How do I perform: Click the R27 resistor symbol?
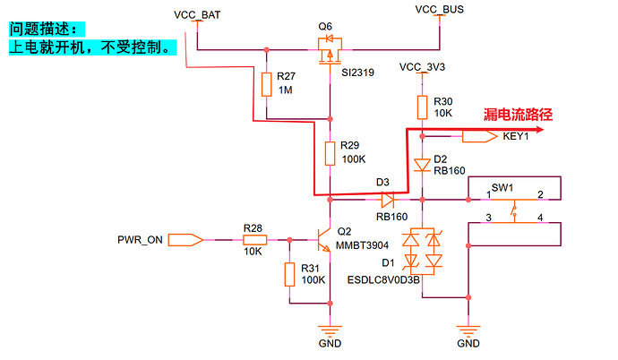pyautogui.click(x=266, y=84)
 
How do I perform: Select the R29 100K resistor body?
pyautogui.click(x=330, y=154)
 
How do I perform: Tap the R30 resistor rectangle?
pyautogui.click(x=422, y=107)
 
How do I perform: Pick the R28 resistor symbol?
pyautogui.click(x=254, y=239)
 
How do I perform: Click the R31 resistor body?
pyautogui.click(x=289, y=274)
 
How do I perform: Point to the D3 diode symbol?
pyautogui.click(x=388, y=200)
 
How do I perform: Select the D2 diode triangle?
pyautogui.click(x=422, y=165)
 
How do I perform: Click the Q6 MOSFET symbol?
pyautogui.click(x=330, y=50)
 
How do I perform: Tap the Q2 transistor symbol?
pyautogui.click(x=324, y=239)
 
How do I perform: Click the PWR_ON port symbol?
pyautogui.click(x=185, y=240)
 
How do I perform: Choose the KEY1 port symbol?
pyautogui.click(x=480, y=136)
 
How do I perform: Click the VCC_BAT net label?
pyautogui.click(x=197, y=15)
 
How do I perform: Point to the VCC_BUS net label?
pyautogui.click(x=440, y=10)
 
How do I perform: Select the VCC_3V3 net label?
pyautogui.click(x=422, y=67)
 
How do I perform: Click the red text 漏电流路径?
pyautogui.click(x=518, y=115)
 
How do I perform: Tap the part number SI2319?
pyautogui.click(x=358, y=73)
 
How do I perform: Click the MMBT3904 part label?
pyautogui.click(x=362, y=245)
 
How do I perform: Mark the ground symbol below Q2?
pyautogui.click(x=330, y=330)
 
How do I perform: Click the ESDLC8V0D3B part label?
pyautogui.click(x=383, y=280)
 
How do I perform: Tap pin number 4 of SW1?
pyautogui.click(x=540, y=218)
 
